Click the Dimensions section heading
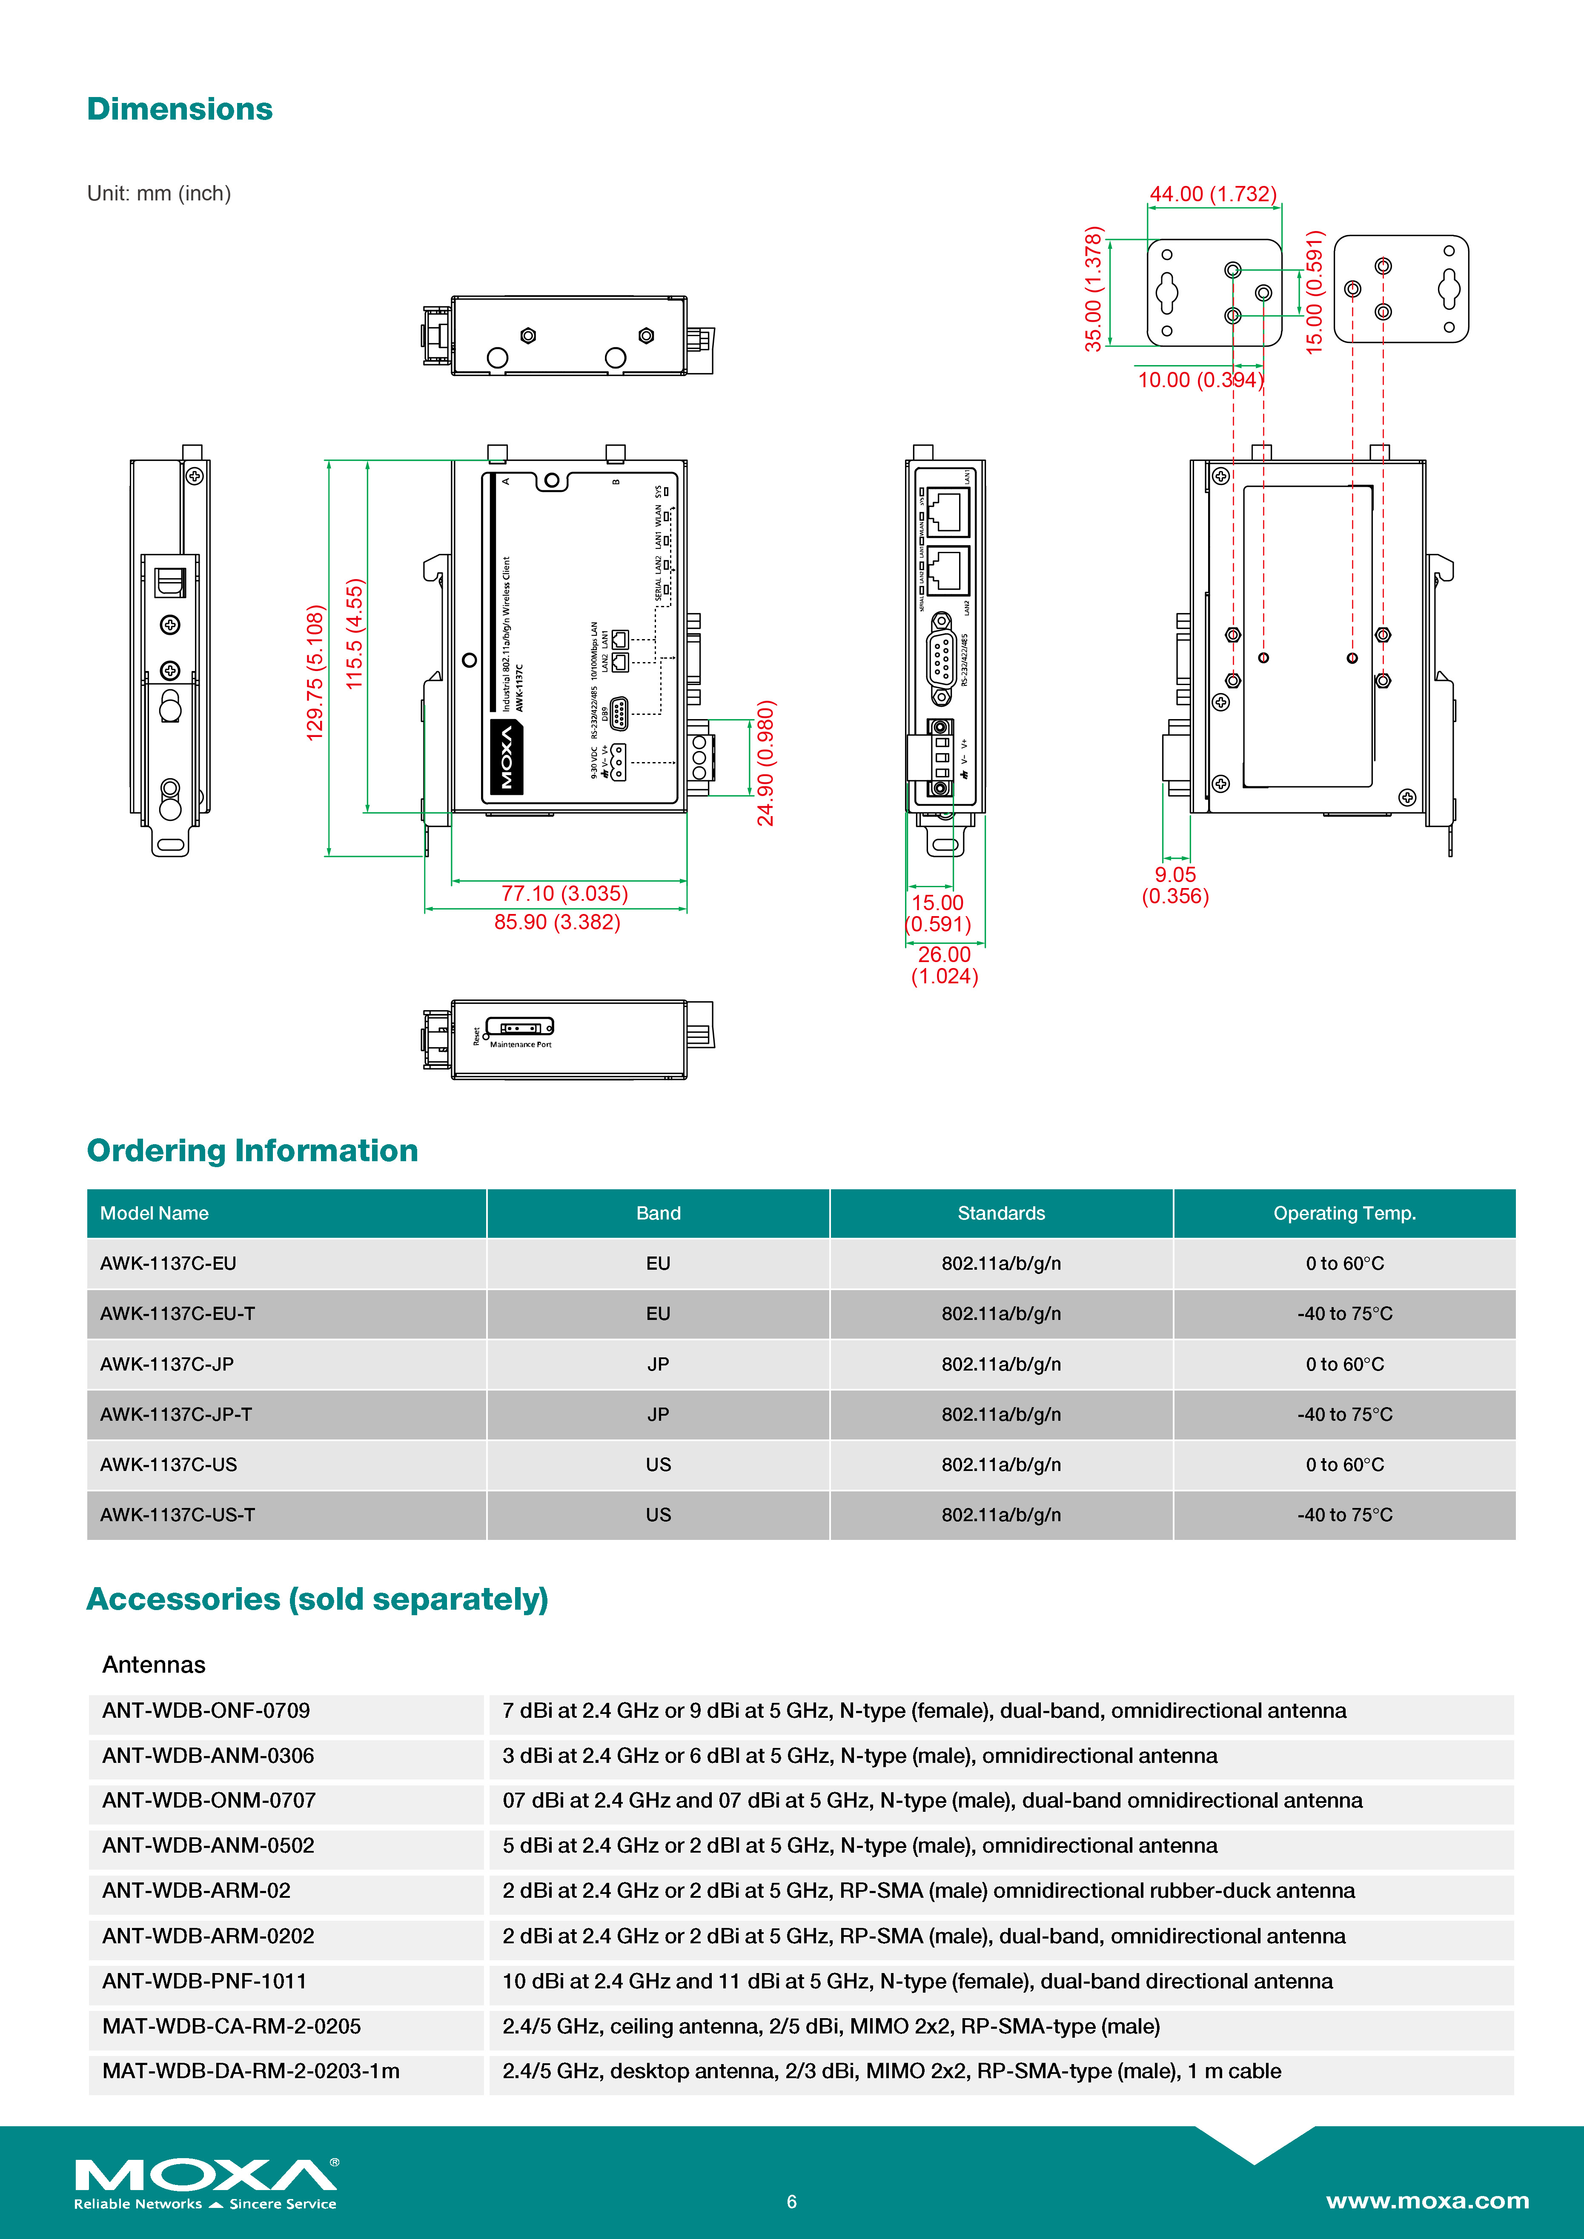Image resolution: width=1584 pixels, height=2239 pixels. pyautogui.click(x=180, y=109)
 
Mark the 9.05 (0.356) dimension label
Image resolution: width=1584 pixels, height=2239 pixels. pyautogui.click(x=1175, y=885)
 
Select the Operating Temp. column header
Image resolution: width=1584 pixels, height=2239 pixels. pyautogui.click(x=1344, y=1213)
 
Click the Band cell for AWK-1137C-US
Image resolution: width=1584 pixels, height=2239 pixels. pyautogui.click(x=659, y=1465)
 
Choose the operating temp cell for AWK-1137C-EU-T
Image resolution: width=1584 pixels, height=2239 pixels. pyautogui.click(x=1344, y=1314)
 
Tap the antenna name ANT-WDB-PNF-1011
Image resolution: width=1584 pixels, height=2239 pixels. pyautogui.click(x=205, y=1981)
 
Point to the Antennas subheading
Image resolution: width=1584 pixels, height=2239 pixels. pyautogui.click(x=154, y=1665)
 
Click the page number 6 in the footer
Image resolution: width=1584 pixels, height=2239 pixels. pyautogui.click(x=792, y=2201)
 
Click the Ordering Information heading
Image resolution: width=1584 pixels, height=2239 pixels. pyautogui.click(x=252, y=1151)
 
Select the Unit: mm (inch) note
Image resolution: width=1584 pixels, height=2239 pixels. pyautogui.click(x=159, y=193)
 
